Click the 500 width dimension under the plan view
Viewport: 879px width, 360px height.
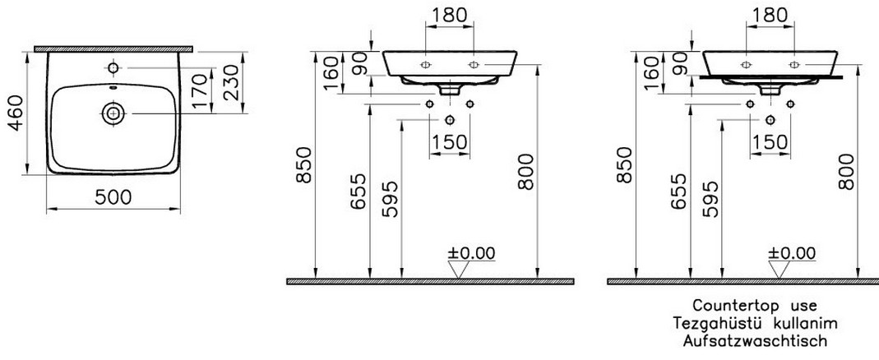tap(113, 196)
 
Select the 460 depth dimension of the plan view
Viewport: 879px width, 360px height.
tap(16, 112)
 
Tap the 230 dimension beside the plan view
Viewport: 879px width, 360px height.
tap(232, 82)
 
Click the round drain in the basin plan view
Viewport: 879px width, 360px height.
tap(113, 113)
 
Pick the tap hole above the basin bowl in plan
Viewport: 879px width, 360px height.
tap(113, 68)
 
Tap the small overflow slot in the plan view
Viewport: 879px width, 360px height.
tap(113, 88)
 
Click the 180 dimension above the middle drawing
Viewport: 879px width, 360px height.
tap(450, 15)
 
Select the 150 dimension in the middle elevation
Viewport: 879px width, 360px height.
tap(450, 142)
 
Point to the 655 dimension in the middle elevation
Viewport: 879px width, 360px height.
tap(359, 192)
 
